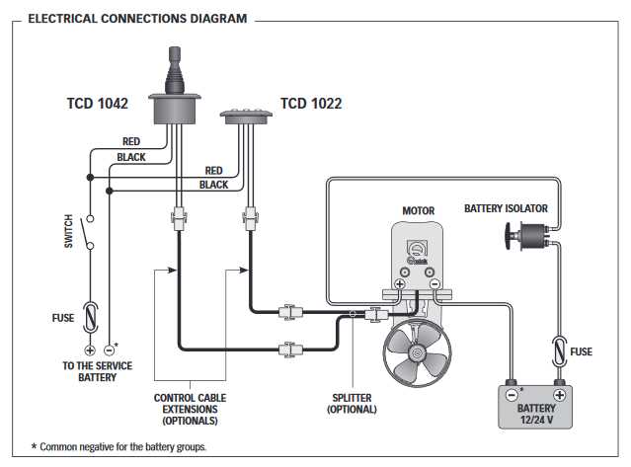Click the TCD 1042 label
98,103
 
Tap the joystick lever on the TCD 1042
177,65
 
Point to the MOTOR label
419,210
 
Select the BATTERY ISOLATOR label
508,208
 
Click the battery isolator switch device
530,235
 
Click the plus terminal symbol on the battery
560,395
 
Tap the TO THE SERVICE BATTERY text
98,371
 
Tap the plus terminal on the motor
400,284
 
